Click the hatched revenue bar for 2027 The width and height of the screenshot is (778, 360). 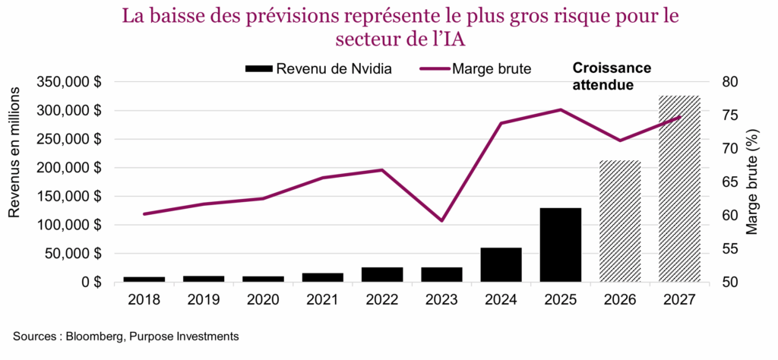pos(679,189)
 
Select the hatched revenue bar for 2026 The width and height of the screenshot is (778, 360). pos(620,221)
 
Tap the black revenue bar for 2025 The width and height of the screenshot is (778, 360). pos(561,245)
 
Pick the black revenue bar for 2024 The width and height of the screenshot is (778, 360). pos(501,264)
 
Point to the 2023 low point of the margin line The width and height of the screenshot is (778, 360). pos(441,220)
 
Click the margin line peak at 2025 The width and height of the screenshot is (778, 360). pos(561,109)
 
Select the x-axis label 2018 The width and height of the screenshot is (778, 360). pos(144,299)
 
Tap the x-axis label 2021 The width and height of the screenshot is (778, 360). pos(323,299)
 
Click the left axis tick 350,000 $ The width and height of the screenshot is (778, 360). pos(71,82)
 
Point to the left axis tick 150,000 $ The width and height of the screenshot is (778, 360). pos(71,197)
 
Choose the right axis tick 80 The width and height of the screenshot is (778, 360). pos(726,82)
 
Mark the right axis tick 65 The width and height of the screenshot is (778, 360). pos(726,182)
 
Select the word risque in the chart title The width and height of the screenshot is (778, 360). pos(564,15)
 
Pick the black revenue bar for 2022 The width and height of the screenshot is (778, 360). pos(382,274)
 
